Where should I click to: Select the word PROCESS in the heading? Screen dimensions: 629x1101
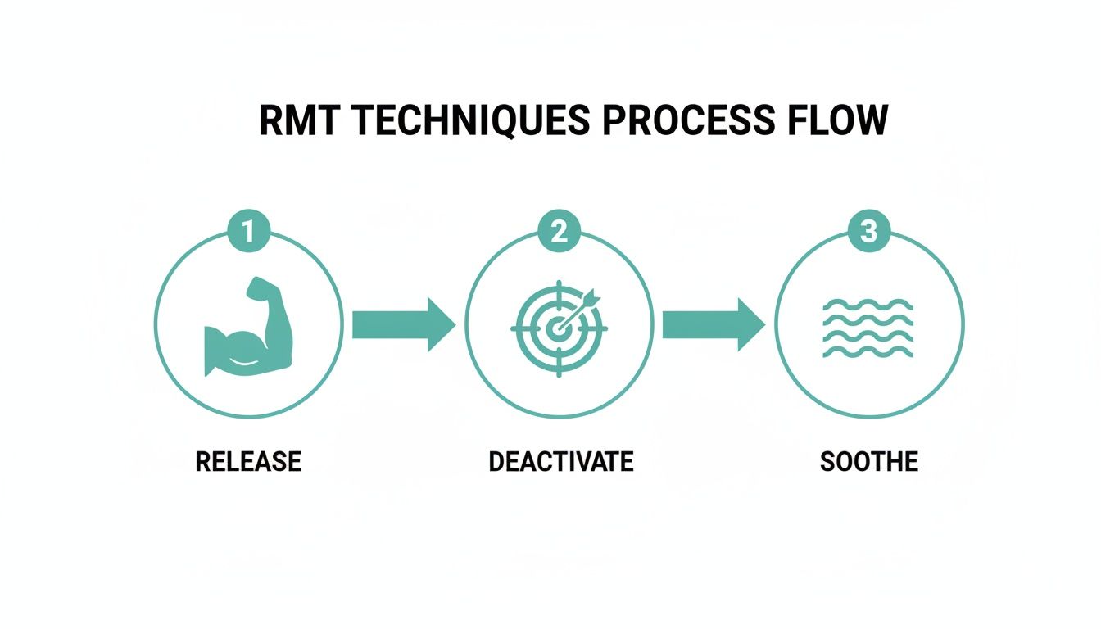point(686,121)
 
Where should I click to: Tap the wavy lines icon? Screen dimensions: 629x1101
point(868,328)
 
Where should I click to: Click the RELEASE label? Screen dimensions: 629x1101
point(248,461)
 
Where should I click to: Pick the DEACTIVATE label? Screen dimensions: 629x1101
point(560,461)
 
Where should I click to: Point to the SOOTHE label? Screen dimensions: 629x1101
point(868,461)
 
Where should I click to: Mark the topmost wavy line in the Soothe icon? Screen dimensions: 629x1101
point(868,303)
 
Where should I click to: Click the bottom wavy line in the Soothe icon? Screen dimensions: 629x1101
point(868,352)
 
